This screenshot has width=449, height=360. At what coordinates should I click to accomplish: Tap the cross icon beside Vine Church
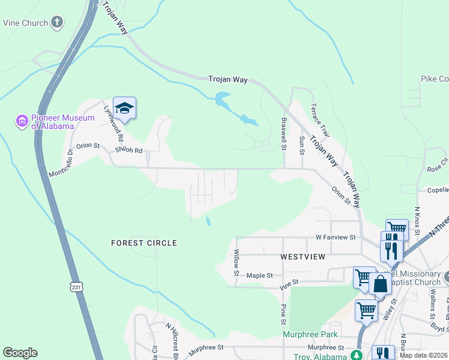[57, 23]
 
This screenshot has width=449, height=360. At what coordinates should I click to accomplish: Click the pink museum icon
[22, 122]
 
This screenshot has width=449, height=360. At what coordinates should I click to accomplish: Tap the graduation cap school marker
[124, 108]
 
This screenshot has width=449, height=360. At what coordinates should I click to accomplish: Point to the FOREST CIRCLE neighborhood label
[144, 243]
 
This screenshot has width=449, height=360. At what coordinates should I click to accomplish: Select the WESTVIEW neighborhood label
[303, 257]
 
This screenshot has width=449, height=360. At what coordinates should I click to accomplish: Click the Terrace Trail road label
[321, 119]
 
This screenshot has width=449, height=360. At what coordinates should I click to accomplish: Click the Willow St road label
[237, 263]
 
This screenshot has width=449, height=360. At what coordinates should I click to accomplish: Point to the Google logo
[20, 353]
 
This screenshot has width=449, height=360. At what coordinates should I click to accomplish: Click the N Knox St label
[417, 220]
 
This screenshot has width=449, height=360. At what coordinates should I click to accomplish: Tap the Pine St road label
[283, 314]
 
